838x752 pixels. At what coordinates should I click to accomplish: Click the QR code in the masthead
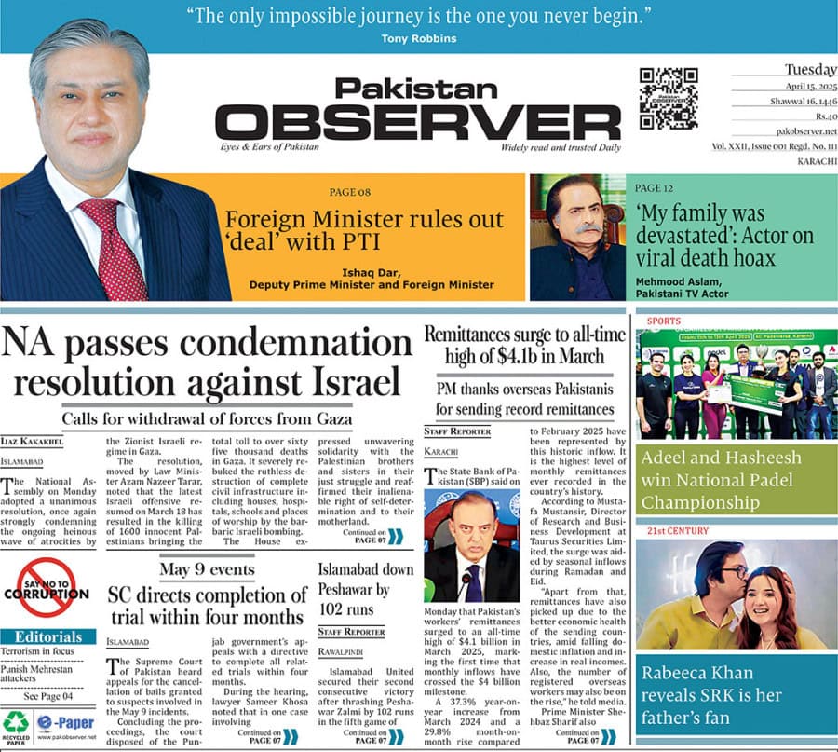pos(669,98)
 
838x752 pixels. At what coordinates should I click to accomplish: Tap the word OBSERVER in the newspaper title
pos(404,122)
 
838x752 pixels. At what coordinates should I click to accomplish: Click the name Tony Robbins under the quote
pos(419,38)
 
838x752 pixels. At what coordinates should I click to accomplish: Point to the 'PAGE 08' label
pos(349,193)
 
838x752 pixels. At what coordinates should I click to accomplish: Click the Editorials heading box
pos(47,637)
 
